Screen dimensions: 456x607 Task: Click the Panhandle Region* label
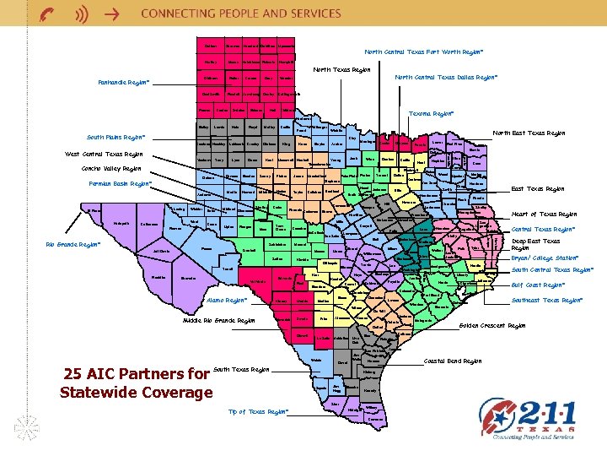(x=122, y=83)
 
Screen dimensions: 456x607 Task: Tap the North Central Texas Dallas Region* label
(x=446, y=78)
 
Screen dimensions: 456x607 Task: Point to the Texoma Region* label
(x=427, y=112)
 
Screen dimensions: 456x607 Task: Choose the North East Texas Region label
(x=529, y=133)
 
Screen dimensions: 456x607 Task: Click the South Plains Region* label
(x=116, y=137)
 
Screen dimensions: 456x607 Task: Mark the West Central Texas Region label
(x=105, y=154)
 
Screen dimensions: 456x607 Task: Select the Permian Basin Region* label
(x=118, y=182)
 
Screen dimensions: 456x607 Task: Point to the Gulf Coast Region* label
(x=540, y=285)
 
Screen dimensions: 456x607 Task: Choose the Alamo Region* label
(x=225, y=300)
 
